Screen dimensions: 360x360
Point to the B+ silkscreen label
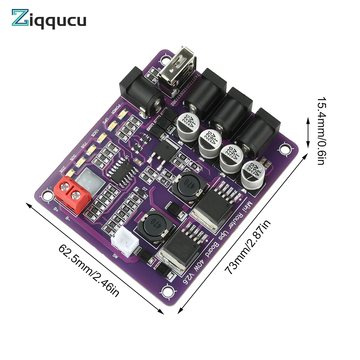[56, 208]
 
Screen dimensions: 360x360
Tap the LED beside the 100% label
[102, 137]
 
